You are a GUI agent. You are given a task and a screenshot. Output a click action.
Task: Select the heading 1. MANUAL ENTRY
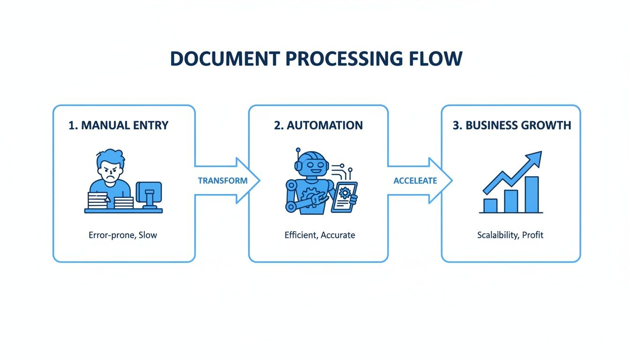[119, 126]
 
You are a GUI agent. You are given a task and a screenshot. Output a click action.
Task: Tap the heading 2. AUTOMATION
[318, 126]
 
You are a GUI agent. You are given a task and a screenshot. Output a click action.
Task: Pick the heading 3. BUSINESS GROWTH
[512, 126]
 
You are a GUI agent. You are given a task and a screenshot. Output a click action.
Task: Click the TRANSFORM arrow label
[223, 181]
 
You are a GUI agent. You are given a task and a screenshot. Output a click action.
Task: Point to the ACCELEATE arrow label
[415, 181]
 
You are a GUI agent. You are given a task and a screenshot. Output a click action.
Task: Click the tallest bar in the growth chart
[532, 195]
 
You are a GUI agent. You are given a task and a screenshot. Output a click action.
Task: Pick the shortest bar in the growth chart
[490, 205]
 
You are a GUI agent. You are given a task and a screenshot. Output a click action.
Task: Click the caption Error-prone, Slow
[123, 235]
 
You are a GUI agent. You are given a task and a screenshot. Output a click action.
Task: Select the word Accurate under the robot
[337, 235]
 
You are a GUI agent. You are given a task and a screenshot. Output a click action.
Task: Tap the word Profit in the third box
[532, 235]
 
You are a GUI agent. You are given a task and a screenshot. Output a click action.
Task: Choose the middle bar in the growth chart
[511, 201]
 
